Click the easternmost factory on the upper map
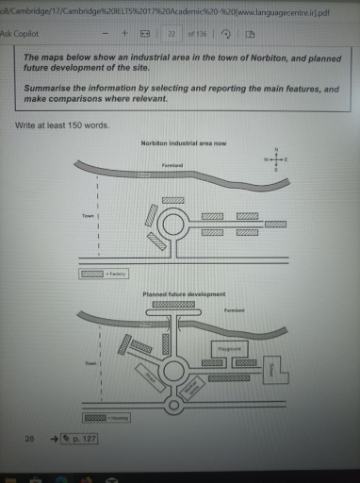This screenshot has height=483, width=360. pyautogui.click(x=275, y=224)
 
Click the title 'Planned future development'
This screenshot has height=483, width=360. pyautogui.click(x=184, y=294)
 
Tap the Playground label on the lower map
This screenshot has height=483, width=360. pyautogui.click(x=231, y=348)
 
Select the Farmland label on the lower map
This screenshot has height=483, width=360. pyautogui.click(x=235, y=309)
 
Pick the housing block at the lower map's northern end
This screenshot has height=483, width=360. pyautogui.click(x=174, y=305)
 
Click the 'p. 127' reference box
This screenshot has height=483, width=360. pyautogui.click(x=79, y=439)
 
